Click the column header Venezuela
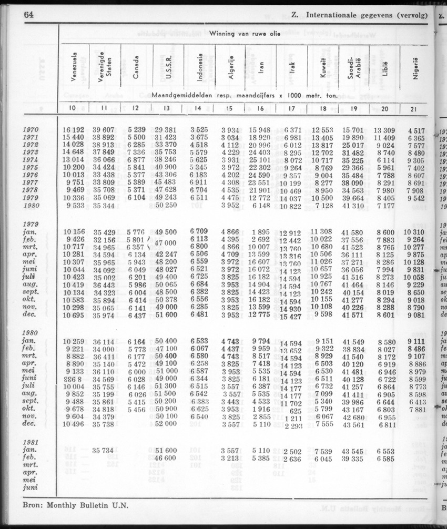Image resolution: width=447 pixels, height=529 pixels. (x=74, y=68)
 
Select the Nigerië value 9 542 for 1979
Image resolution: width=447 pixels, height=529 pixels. (x=414, y=198)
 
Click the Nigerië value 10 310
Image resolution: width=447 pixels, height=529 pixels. (x=414, y=232)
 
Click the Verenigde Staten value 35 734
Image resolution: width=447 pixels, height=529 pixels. (x=104, y=451)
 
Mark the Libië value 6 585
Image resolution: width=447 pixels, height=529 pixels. (x=386, y=459)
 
